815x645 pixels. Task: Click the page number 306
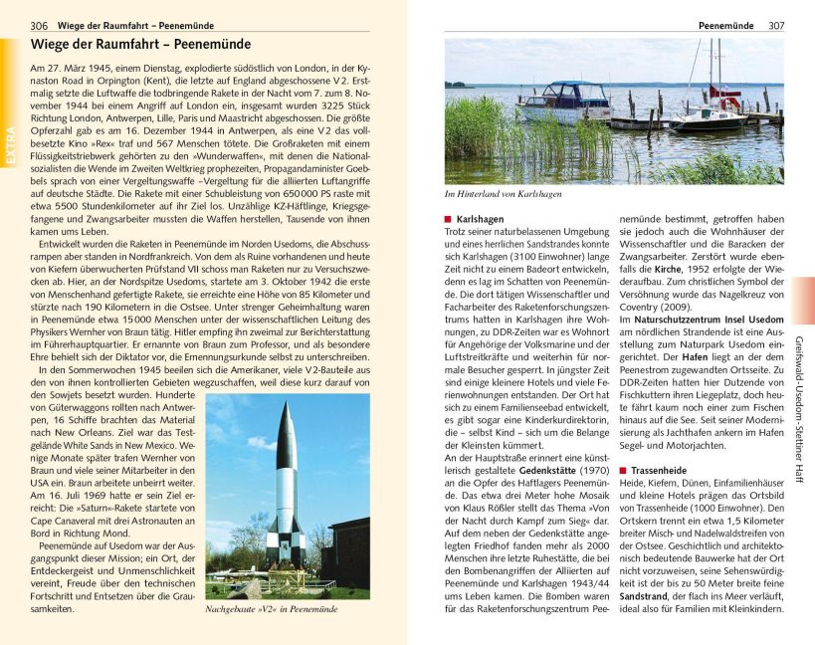[x=39, y=25]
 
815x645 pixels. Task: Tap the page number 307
[x=776, y=25]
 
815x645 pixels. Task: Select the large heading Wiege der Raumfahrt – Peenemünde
[x=140, y=45]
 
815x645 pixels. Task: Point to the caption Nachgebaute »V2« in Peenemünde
[x=271, y=608]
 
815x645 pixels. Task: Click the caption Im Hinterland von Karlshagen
[x=503, y=194]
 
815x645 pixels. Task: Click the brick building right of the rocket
[x=348, y=552]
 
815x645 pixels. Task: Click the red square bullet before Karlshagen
[x=448, y=219]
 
